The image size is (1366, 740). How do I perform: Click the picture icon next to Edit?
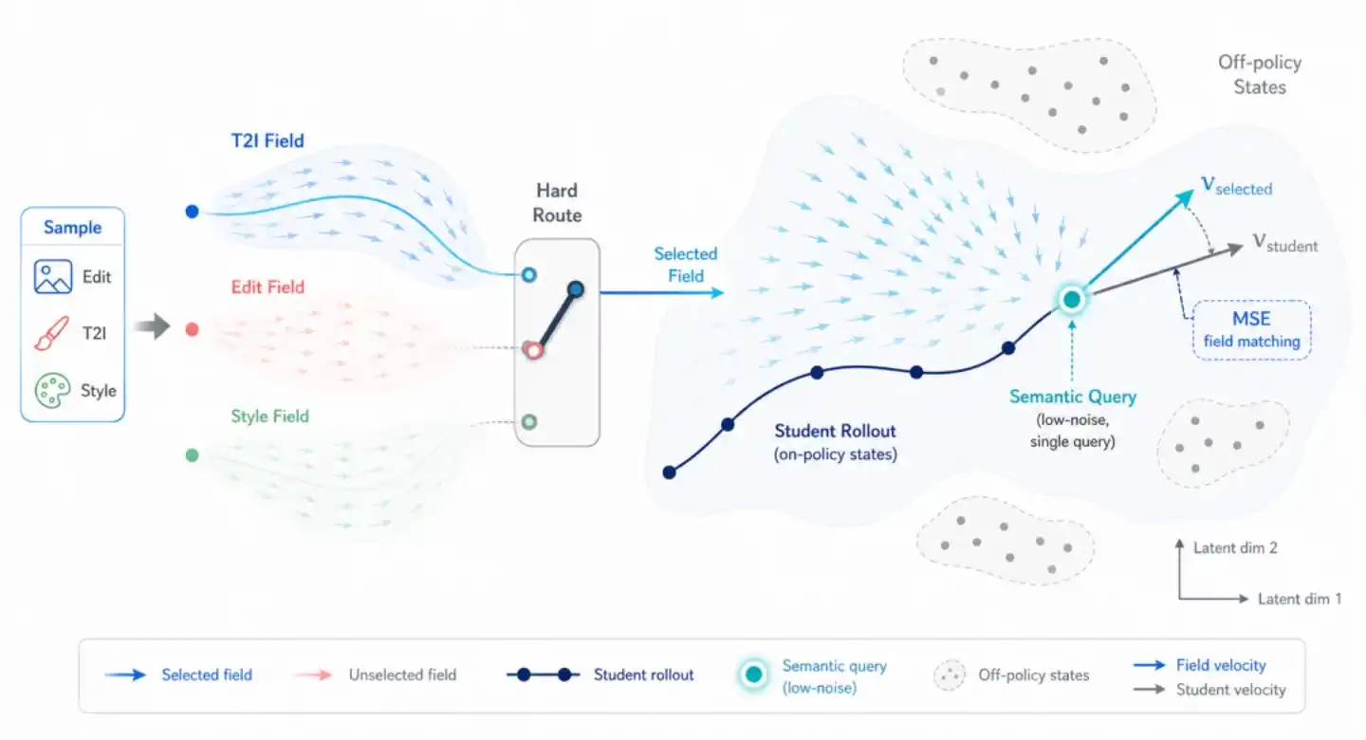coord(52,277)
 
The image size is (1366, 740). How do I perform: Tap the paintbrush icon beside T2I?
coord(51,334)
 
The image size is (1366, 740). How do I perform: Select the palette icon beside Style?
coord(52,391)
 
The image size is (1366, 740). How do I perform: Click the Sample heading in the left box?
coord(72,228)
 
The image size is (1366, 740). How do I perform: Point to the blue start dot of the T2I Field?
coord(192,212)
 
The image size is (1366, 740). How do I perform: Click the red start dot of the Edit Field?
coord(192,329)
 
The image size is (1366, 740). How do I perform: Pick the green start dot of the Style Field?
coord(192,455)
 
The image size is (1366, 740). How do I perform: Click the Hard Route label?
coord(557,202)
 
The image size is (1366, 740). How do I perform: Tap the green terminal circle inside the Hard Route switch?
coord(529,421)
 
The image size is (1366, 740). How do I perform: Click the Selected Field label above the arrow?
coord(686,265)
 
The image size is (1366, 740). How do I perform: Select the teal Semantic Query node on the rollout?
coord(1072,300)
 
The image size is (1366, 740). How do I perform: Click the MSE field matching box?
coord(1252,330)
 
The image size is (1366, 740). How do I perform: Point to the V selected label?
coord(1237,186)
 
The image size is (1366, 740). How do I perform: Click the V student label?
coord(1285,244)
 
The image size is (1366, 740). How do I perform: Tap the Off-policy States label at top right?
coord(1260,74)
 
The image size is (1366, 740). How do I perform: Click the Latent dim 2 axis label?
coord(1235,547)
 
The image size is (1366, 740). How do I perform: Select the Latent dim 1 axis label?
coord(1300,599)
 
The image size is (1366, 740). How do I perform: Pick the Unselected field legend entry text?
coord(402,675)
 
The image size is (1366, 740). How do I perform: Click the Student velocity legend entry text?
coord(1230,690)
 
